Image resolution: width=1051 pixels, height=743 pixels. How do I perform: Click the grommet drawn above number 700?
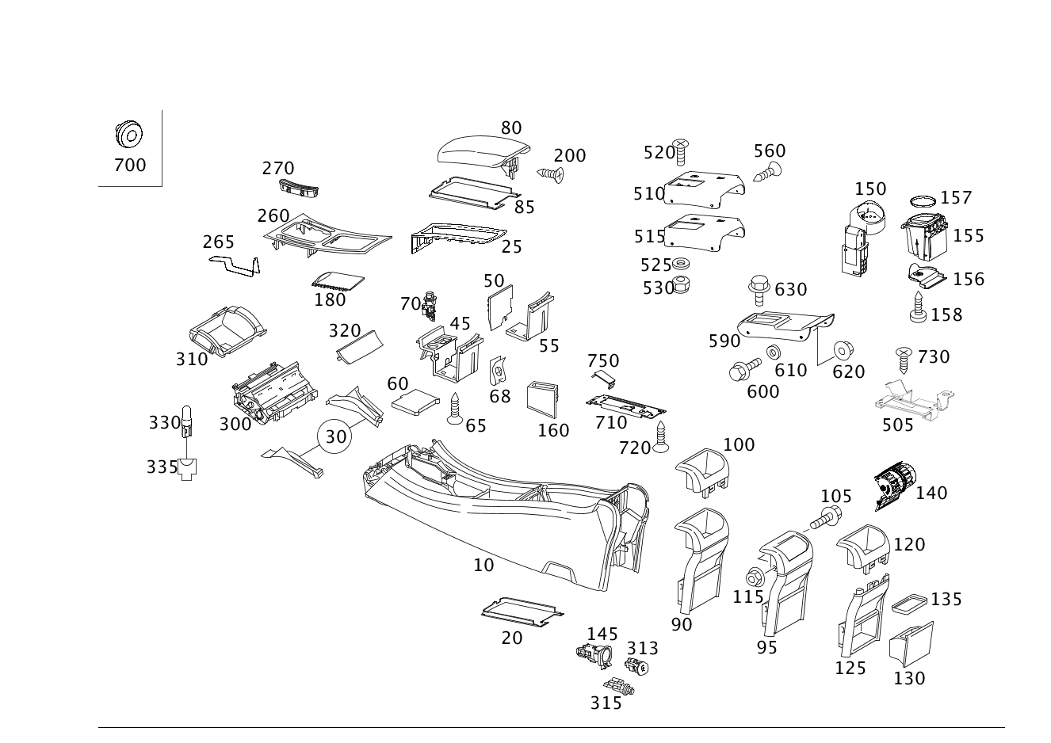point(129,134)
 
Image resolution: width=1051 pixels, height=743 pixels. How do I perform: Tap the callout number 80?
point(511,128)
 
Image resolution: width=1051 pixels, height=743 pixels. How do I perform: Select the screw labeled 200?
point(550,174)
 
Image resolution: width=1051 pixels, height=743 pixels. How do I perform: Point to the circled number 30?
point(335,436)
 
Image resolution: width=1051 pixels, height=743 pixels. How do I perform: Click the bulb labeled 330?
point(187,421)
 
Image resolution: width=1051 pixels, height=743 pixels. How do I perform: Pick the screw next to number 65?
point(455,409)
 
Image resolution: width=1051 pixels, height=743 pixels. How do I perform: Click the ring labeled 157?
point(923,201)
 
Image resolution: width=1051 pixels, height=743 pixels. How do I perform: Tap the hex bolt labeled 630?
point(759,290)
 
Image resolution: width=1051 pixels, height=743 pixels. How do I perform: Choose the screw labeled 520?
point(681,152)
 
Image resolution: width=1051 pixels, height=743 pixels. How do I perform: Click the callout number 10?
point(483,566)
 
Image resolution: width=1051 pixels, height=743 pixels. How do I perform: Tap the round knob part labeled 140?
point(894,486)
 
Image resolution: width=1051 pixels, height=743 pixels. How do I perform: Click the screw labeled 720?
point(661,436)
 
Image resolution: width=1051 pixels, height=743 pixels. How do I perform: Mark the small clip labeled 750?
point(603,379)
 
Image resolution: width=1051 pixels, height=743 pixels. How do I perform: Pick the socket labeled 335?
point(187,469)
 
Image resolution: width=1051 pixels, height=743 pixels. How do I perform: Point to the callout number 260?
point(273,216)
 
